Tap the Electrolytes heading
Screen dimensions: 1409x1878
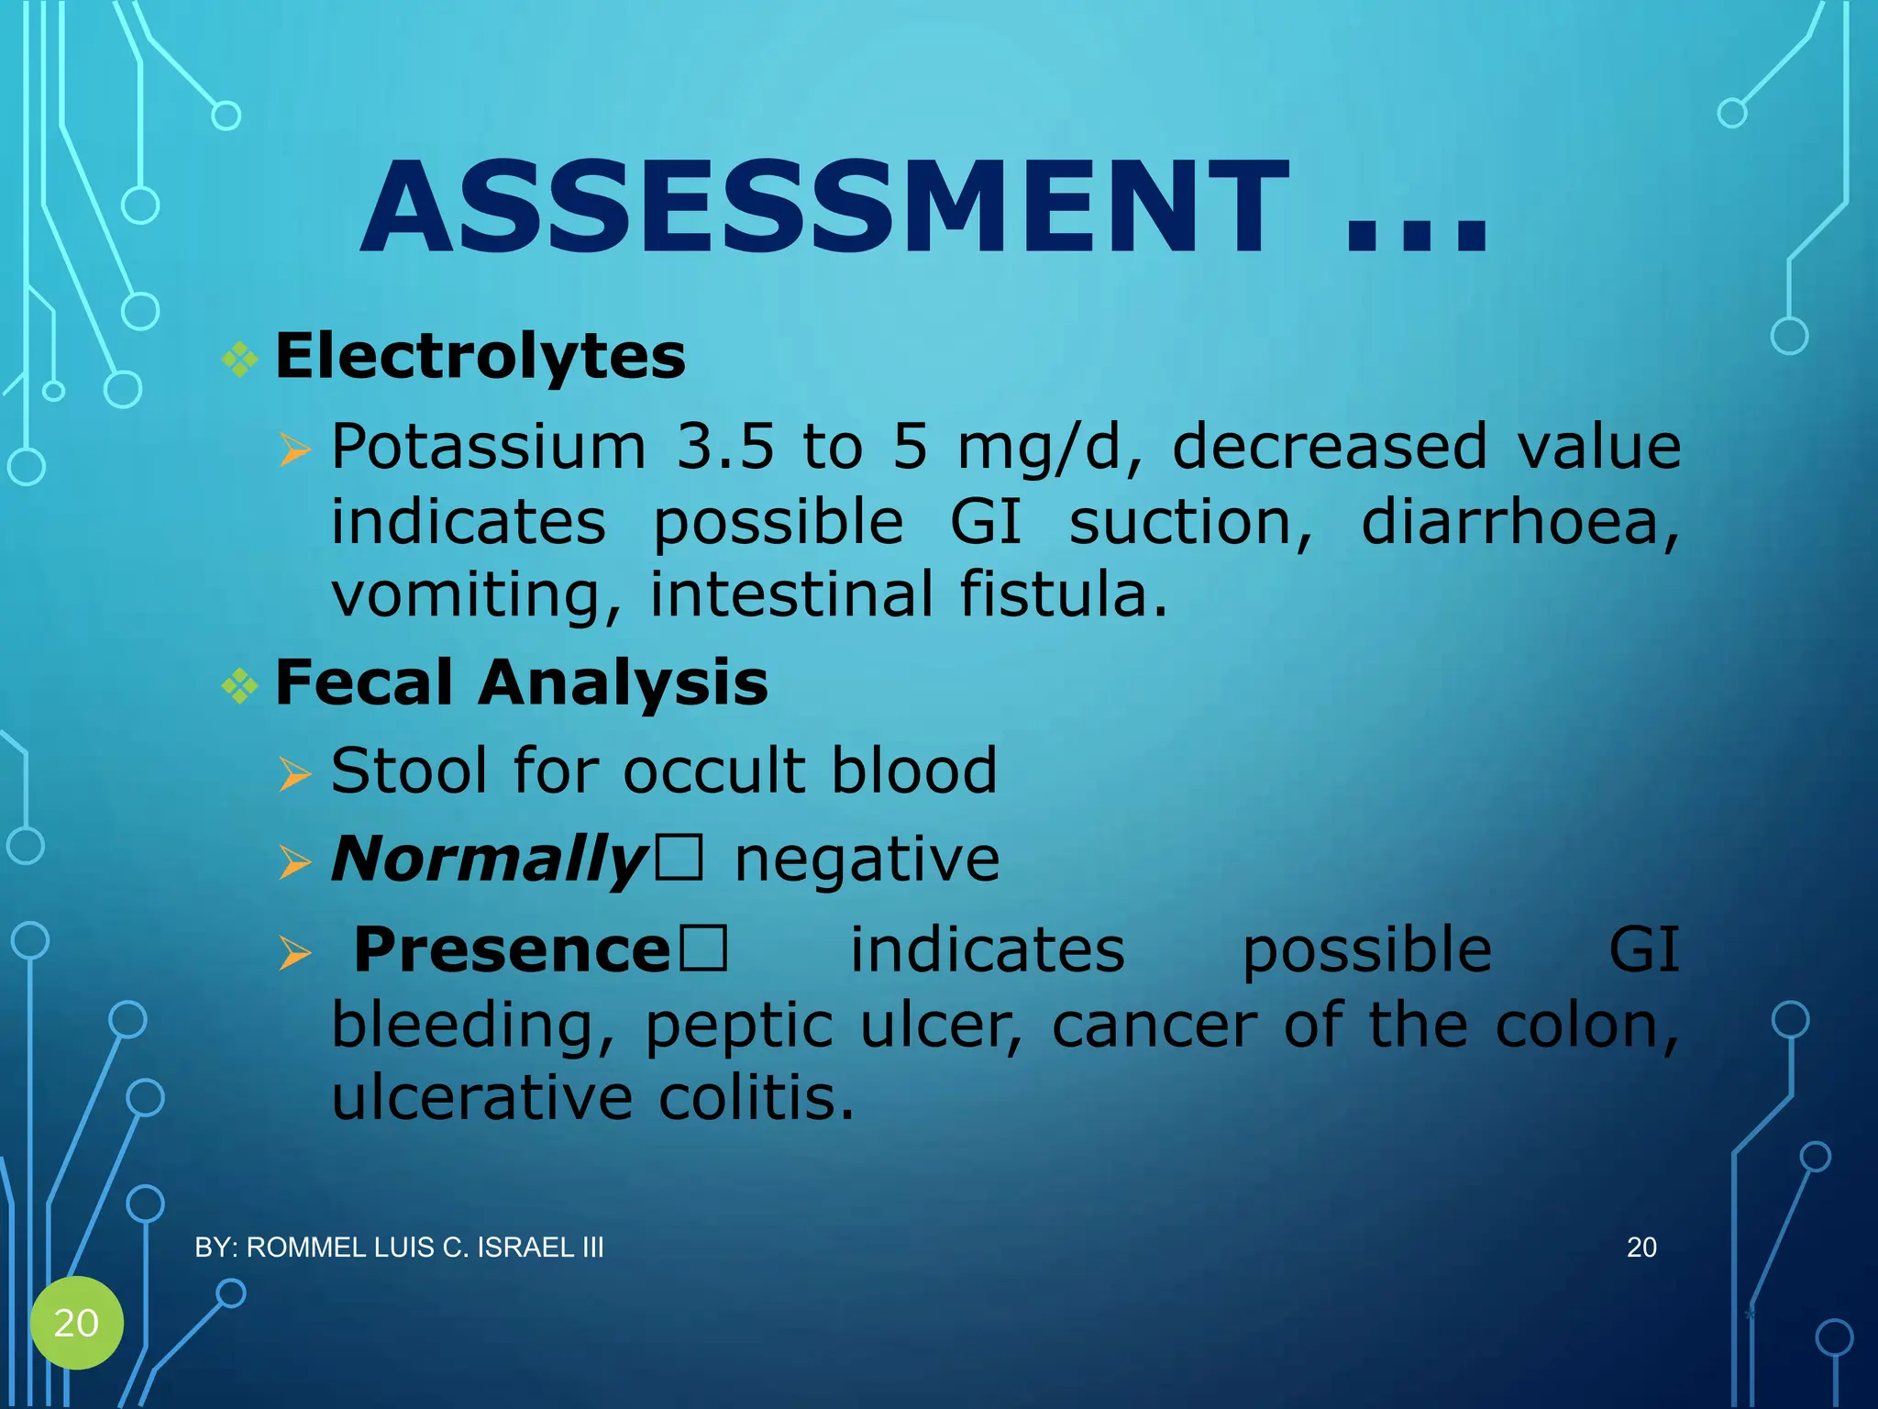480,356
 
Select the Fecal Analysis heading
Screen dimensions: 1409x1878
521,682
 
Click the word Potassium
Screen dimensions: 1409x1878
489,447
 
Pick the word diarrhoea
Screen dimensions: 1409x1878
1519,523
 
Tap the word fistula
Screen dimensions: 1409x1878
1064,594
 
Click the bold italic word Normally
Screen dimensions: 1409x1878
490,860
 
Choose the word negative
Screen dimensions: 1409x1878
867,860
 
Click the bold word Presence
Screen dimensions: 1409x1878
512,949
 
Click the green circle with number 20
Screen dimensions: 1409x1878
76,1322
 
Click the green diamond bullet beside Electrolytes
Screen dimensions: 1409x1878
240,359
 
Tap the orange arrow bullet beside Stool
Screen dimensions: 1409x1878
294,773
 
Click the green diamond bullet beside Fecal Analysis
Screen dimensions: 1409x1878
240,685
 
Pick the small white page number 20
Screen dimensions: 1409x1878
1641,1248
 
